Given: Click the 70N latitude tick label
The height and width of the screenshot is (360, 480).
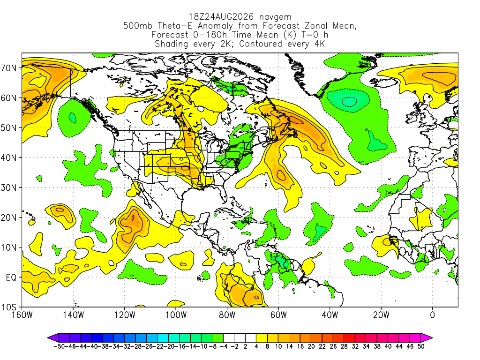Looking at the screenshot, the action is pos(9,68).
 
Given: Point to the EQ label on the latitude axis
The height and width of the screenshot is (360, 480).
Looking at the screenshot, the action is pos(11,277).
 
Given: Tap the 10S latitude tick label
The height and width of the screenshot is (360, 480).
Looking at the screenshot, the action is pos(9,307).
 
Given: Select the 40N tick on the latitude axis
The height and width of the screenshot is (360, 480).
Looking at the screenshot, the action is pos(9,157).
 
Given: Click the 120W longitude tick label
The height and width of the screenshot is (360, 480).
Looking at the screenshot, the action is pos(124,315).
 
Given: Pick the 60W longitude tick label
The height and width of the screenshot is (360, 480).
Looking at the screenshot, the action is pos(278,315).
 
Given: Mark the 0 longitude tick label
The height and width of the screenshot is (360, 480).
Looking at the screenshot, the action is pos(432,315).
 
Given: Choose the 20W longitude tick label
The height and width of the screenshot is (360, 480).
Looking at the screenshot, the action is pos(381,315).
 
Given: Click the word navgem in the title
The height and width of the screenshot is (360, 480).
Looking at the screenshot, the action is pos(275,17).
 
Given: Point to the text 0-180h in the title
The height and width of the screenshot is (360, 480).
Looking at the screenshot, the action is pos(210,35).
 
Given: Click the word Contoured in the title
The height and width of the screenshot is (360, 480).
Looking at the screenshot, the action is pos(261,44).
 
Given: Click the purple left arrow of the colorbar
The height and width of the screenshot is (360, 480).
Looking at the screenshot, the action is pos(53,338).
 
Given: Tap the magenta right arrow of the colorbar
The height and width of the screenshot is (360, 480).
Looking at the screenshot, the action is pos(427,338).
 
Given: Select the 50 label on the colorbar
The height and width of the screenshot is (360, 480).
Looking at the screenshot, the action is pos(421,346).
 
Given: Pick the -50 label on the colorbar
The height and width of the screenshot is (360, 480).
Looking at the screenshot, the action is pos(59,346).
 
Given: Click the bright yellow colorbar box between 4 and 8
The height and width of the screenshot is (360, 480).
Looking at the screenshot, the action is pos(262,338).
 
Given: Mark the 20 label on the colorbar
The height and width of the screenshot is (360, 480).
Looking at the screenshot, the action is pos(311,346).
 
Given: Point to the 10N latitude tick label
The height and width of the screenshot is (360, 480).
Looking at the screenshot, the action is pos(9,247).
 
